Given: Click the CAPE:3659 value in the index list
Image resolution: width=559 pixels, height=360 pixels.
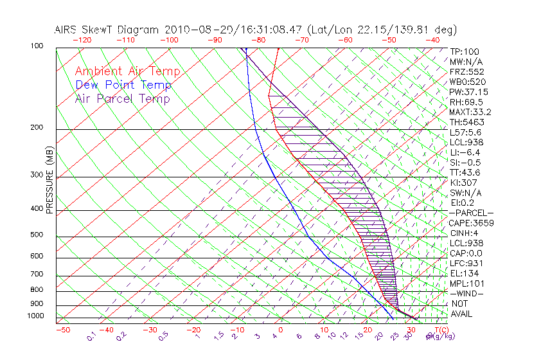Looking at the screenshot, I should (472, 223).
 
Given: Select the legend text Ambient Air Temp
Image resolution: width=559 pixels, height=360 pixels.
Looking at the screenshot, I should (128, 71).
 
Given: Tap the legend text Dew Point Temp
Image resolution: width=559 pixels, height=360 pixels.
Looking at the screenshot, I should (123, 85).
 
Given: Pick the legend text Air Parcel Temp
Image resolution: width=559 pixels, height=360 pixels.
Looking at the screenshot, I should (123, 98).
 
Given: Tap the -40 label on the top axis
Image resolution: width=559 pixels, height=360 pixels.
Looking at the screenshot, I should (433, 39).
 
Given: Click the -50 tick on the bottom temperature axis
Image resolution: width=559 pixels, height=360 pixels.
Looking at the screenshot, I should (62, 330).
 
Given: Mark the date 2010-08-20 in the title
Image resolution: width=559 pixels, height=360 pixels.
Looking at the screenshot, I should (192, 30).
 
